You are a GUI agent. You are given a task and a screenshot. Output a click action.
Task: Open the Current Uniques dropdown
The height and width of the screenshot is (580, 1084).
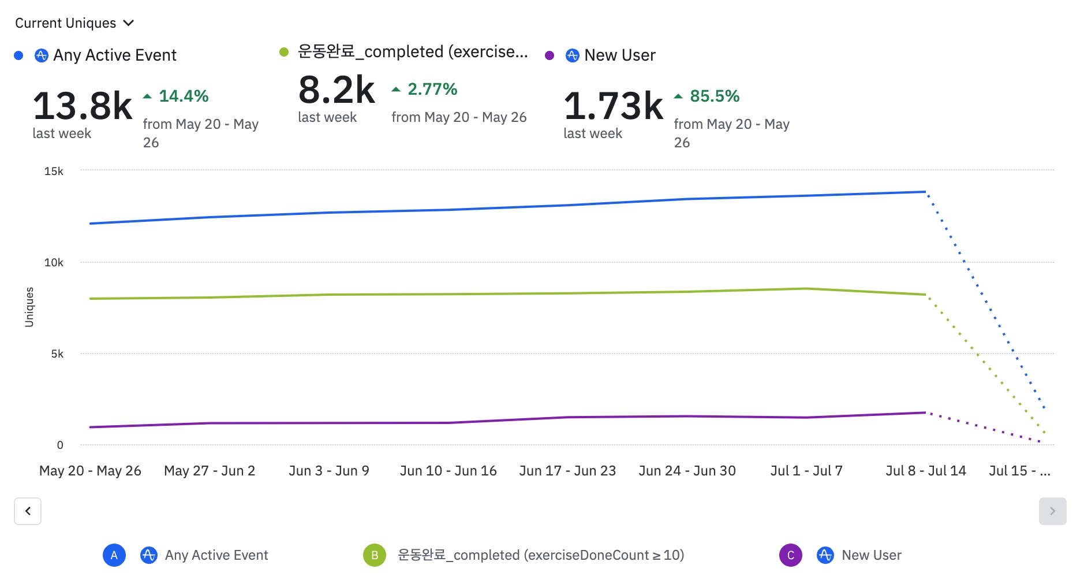click(x=74, y=23)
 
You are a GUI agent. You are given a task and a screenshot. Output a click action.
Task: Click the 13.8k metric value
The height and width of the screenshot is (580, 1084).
click(x=83, y=106)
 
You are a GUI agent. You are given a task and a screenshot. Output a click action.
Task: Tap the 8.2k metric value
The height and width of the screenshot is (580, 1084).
click(x=337, y=90)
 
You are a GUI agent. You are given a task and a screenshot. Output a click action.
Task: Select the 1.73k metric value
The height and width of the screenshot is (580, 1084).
click(x=613, y=106)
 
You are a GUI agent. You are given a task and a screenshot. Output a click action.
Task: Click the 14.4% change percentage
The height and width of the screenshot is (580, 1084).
click(x=183, y=96)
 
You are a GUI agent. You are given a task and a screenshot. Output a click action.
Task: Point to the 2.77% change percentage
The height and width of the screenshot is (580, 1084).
click(x=432, y=89)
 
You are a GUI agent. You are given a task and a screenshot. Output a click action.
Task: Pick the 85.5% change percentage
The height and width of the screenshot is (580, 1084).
click(x=714, y=96)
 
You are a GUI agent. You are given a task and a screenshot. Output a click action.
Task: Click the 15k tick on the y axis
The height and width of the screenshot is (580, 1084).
click(x=54, y=171)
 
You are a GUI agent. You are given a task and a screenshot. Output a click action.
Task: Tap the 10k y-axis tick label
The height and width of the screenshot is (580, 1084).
click(x=54, y=262)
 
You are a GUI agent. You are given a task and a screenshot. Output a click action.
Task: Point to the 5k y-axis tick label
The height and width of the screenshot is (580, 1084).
click(x=57, y=354)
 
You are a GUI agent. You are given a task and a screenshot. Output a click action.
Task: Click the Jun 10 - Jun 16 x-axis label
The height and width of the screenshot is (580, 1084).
click(x=448, y=471)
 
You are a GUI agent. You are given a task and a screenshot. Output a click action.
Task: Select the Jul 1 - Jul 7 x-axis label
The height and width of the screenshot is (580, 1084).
click(x=806, y=471)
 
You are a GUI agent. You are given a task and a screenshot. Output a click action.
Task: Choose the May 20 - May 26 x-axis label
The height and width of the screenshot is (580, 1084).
click(x=90, y=471)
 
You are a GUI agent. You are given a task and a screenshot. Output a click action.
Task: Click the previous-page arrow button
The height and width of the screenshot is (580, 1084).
click(x=28, y=511)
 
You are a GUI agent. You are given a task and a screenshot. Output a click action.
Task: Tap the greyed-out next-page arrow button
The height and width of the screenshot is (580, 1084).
click(x=1052, y=511)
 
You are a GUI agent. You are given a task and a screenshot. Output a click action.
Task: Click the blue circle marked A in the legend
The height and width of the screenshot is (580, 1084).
click(x=114, y=555)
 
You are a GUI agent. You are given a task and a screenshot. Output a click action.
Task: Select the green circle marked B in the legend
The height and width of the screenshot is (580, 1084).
click(x=375, y=555)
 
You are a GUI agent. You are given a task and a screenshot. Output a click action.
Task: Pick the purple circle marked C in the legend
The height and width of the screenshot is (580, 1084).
click(x=791, y=555)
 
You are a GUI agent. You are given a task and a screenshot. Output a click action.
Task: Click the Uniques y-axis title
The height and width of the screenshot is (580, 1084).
click(x=29, y=307)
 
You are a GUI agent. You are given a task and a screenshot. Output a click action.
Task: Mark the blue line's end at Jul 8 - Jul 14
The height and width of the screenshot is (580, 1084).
click(x=925, y=192)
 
